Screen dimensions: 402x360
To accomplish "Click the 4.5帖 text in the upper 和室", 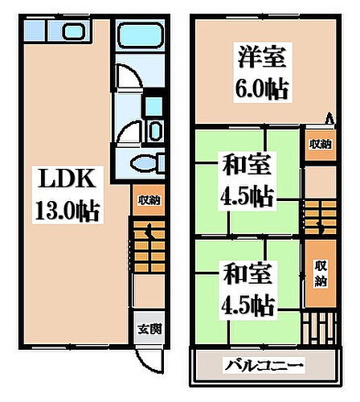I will click(246, 195).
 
